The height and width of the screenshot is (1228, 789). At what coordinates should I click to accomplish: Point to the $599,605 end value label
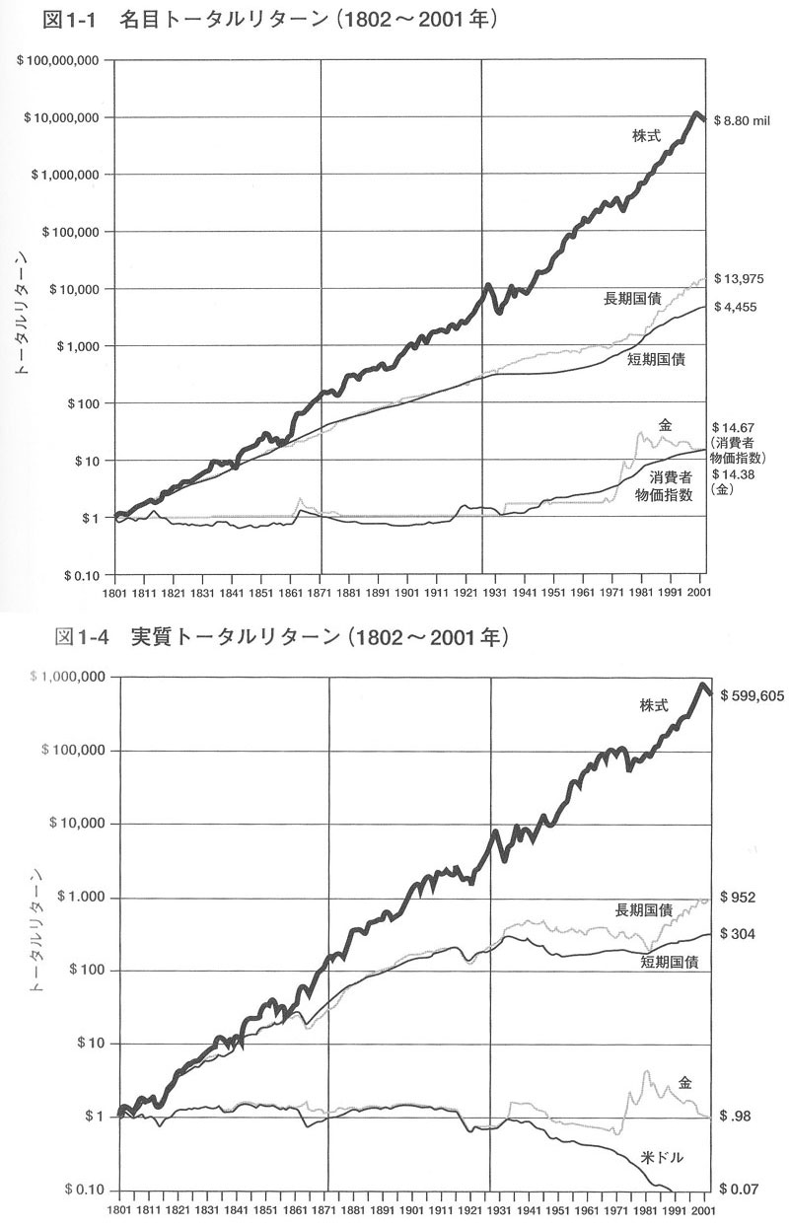(x=752, y=695)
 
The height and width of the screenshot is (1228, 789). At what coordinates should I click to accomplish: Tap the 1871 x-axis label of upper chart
(x=321, y=594)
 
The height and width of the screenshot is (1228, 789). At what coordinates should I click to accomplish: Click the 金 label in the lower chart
(x=685, y=1082)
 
